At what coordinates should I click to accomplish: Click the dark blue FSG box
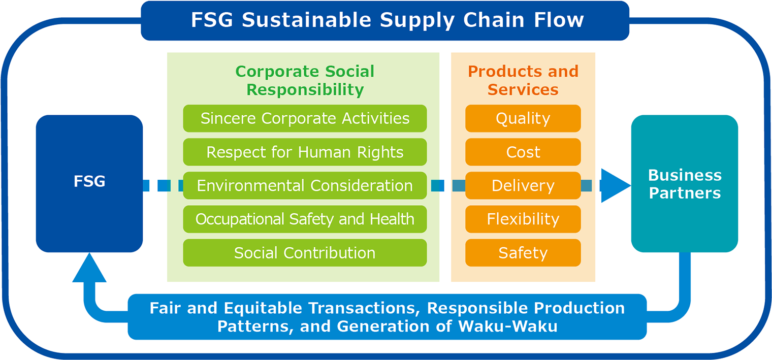(89, 184)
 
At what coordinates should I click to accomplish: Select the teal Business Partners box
(685, 184)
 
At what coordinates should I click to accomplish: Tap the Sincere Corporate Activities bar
(305, 118)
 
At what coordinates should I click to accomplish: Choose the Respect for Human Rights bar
(305, 152)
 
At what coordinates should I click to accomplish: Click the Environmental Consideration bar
(305, 186)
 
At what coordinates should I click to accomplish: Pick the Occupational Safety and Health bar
(305, 219)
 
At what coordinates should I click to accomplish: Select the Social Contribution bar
(305, 253)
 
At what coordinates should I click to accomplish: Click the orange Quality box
(523, 118)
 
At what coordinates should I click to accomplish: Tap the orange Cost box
(523, 152)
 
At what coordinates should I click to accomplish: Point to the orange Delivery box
(523, 186)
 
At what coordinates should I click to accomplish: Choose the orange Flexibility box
(523, 219)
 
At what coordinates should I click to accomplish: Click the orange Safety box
(523, 253)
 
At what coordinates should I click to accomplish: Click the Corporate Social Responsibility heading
(305, 81)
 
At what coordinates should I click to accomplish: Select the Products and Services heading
(523, 81)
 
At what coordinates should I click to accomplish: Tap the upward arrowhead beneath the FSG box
(89, 268)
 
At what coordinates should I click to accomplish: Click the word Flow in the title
(559, 20)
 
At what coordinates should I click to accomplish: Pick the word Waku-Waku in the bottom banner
(508, 326)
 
